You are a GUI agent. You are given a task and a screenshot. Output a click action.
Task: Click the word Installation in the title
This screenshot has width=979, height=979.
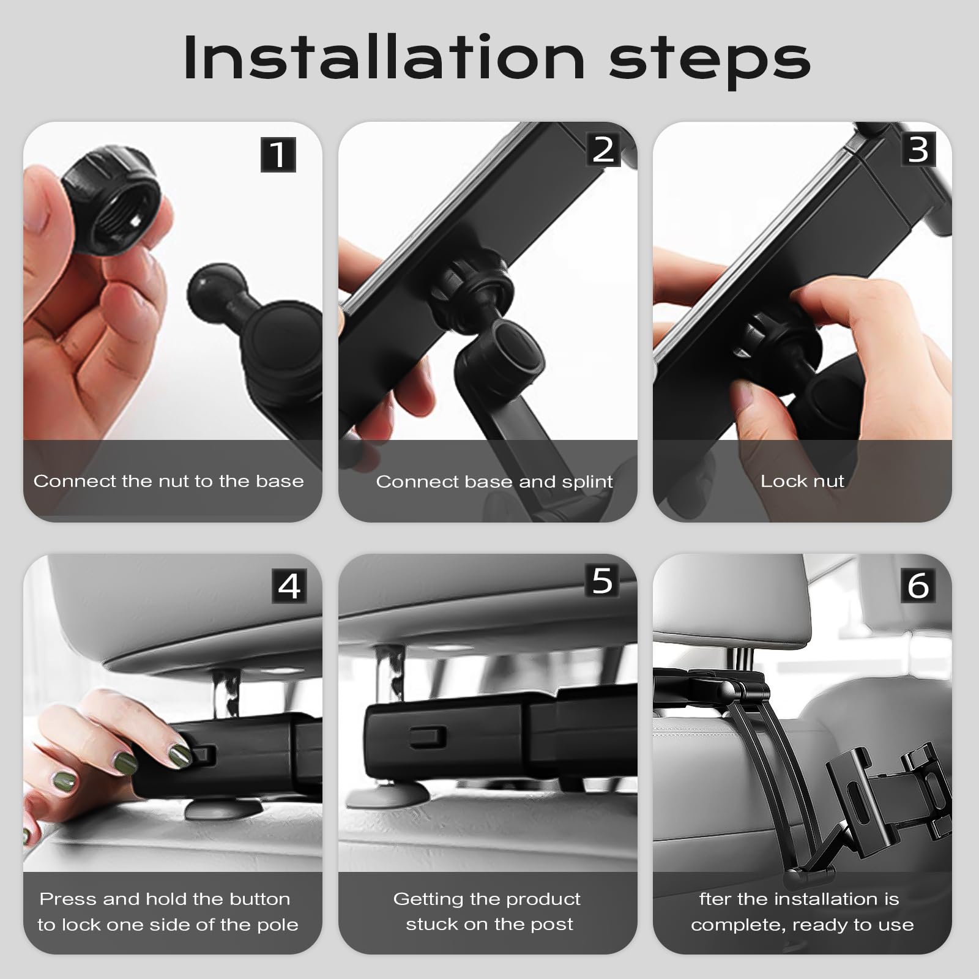coord(384,58)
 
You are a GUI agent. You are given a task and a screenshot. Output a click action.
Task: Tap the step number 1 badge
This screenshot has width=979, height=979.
coord(278,155)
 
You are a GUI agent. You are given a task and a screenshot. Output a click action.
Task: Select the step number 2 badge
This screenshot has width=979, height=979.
coord(603,149)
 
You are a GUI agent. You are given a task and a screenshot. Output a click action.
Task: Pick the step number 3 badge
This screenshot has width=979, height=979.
coord(918,149)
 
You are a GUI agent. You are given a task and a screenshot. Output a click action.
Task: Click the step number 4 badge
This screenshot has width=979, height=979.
coord(289,586)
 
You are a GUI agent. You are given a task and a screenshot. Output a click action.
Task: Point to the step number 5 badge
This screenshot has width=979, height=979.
coord(603,580)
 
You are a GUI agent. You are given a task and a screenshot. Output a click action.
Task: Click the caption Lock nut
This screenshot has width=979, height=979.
coord(802,482)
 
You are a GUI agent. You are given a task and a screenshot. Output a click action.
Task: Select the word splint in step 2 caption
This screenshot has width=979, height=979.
coord(587,482)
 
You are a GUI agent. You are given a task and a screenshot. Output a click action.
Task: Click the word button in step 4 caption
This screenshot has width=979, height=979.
coord(259,899)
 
